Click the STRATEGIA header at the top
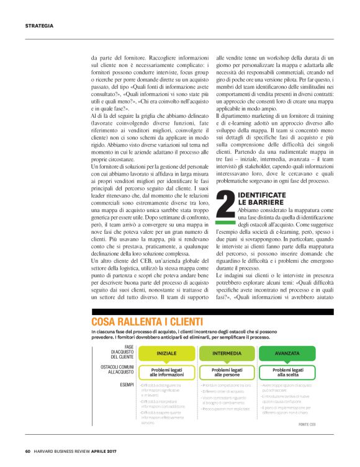[x=39, y=26]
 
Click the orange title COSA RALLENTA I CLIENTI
[x=146, y=321]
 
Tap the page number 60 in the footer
[x=28, y=451]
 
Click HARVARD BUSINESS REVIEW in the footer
[x=68, y=451]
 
